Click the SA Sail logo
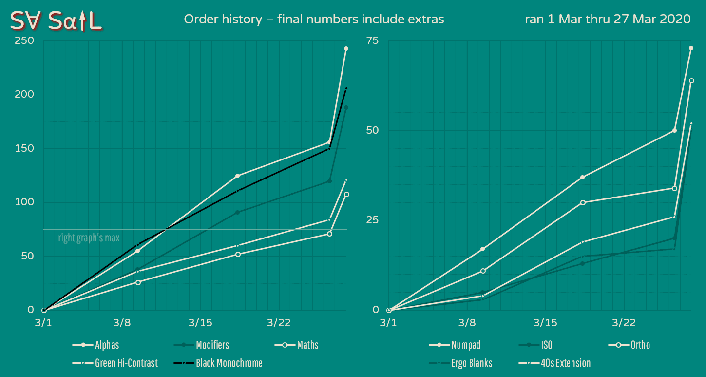[x=56, y=20]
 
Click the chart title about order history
[x=314, y=20]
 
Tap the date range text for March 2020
[x=607, y=20]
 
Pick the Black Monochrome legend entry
[x=229, y=363]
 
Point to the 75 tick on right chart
[x=372, y=40]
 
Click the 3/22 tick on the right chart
[x=624, y=323]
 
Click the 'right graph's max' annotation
[x=89, y=238]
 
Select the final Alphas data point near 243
[x=346, y=48]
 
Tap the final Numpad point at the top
[x=691, y=48]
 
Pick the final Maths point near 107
[x=346, y=194]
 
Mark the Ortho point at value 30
[x=583, y=202]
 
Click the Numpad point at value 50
[x=674, y=130]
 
